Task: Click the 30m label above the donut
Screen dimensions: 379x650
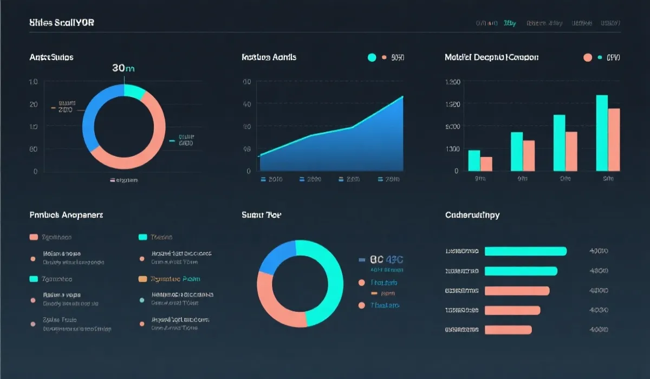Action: tap(123, 68)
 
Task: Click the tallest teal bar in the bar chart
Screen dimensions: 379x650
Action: tap(602, 133)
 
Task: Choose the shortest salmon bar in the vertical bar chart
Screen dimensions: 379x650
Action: tap(486, 164)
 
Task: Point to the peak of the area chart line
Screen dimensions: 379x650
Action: tap(402, 97)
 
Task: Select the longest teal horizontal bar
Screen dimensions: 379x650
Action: tap(525, 251)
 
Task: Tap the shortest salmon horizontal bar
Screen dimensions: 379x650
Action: tap(508, 329)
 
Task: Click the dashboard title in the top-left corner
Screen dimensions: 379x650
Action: tap(61, 23)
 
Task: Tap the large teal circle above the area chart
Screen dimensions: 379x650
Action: tap(372, 57)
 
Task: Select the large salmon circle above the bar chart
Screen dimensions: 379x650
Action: tap(588, 57)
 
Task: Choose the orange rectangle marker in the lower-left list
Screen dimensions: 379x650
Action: tap(143, 279)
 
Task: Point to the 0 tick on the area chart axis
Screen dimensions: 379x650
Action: tap(249, 171)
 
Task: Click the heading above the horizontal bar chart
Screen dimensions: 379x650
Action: tap(472, 215)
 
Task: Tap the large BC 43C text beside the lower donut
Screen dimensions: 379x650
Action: tap(387, 259)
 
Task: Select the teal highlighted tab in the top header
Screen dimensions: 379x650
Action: tap(510, 23)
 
